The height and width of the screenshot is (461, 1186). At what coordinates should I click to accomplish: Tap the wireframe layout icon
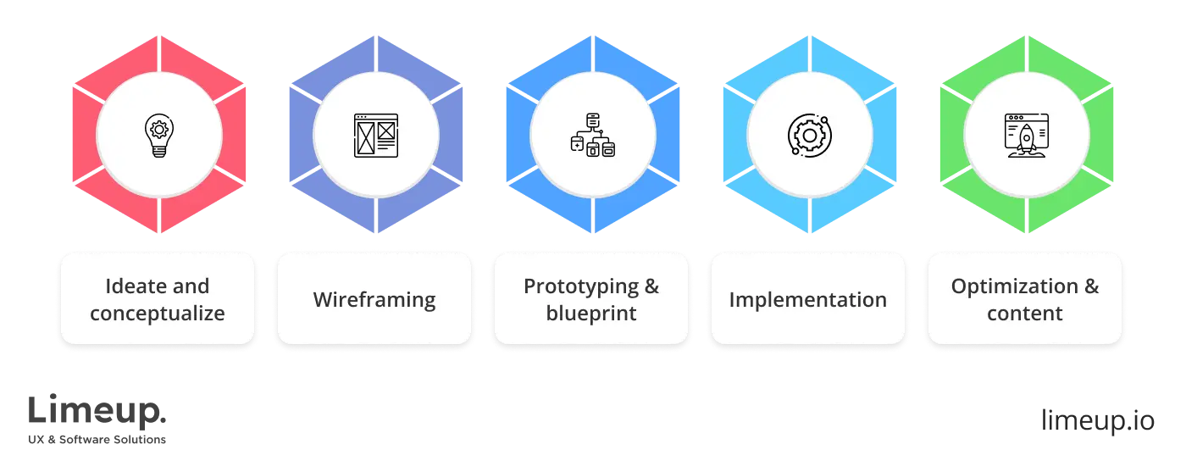(x=375, y=136)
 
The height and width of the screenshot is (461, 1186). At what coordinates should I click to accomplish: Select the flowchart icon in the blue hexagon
(x=592, y=136)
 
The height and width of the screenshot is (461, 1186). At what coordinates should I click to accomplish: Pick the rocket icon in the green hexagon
(x=1026, y=136)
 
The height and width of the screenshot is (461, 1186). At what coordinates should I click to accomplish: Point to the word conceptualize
(x=158, y=314)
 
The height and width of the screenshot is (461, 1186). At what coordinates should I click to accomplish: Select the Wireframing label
(x=374, y=299)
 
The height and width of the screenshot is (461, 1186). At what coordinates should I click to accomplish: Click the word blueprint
(x=591, y=314)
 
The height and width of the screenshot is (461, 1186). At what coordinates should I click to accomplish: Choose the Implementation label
(x=808, y=299)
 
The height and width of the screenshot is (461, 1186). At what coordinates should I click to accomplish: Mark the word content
(x=1025, y=314)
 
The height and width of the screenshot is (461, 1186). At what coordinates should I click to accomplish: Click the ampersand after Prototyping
(x=651, y=286)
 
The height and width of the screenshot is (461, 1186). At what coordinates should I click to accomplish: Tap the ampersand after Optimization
(x=1091, y=286)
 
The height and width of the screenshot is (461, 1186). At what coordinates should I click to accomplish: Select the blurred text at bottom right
(x=1097, y=420)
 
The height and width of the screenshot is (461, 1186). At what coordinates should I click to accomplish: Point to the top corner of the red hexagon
(x=159, y=36)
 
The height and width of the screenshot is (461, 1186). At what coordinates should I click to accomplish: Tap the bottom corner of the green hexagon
(x=1026, y=235)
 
